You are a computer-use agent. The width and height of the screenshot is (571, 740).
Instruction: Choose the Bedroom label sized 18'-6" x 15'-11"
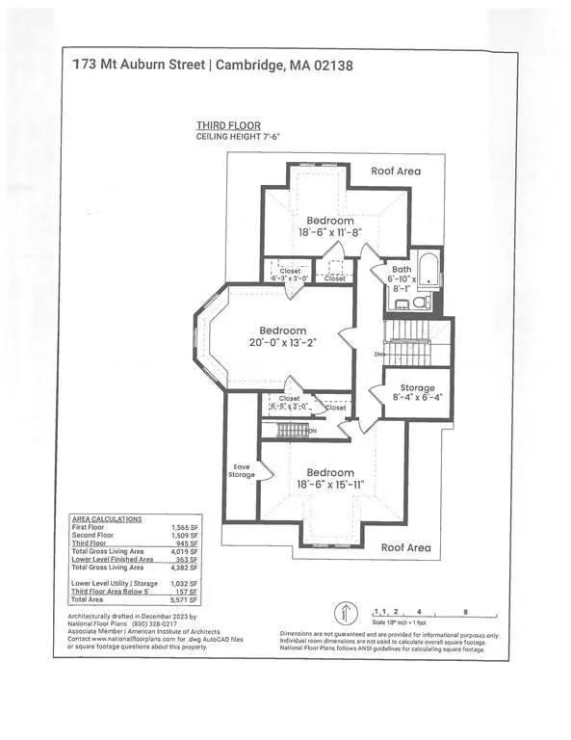coord(329,479)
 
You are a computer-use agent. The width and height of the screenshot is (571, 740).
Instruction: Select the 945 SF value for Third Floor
coord(183,543)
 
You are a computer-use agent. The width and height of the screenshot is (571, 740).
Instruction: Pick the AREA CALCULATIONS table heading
coord(108,519)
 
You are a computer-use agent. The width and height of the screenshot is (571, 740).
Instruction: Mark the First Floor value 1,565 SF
coord(182,528)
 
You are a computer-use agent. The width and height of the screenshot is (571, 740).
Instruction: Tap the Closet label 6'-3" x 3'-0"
coord(291,274)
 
